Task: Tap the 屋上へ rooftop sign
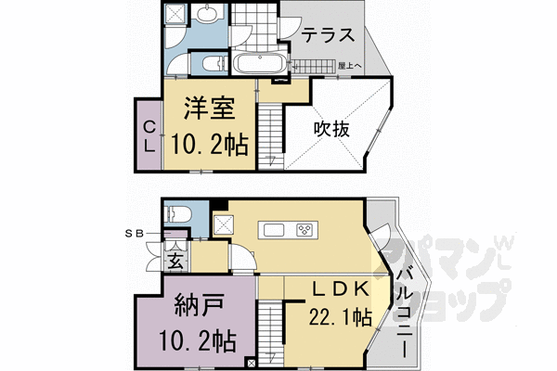pos(350,66)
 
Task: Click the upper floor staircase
pos(268,134)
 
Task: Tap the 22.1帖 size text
pos(340,318)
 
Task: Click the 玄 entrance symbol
pos(175,257)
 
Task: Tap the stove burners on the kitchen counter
pos(305,229)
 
